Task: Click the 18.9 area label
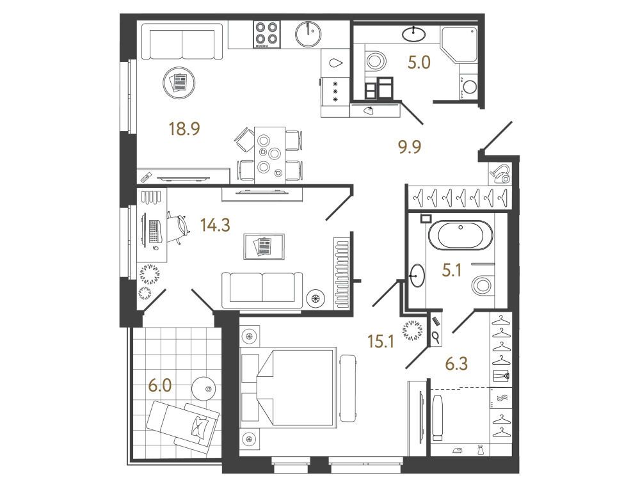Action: tap(184, 129)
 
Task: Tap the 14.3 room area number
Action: tap(215, 225)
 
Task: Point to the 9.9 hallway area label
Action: tap(410, 146)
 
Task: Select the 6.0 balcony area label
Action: tap(159, 385)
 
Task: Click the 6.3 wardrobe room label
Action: tap(456, 363)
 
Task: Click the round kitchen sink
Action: tap(308, 35)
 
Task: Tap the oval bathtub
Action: tap(460, 235)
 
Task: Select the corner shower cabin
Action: tap(459, 45)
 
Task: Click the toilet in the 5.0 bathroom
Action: tap(374, 61)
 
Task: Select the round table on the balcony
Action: tap(204, 388)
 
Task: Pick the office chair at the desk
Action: tap(178, 227)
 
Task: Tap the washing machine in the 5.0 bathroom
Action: tap(468, 87)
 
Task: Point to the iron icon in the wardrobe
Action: tap(457, 451)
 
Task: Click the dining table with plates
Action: tap(269, 155)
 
